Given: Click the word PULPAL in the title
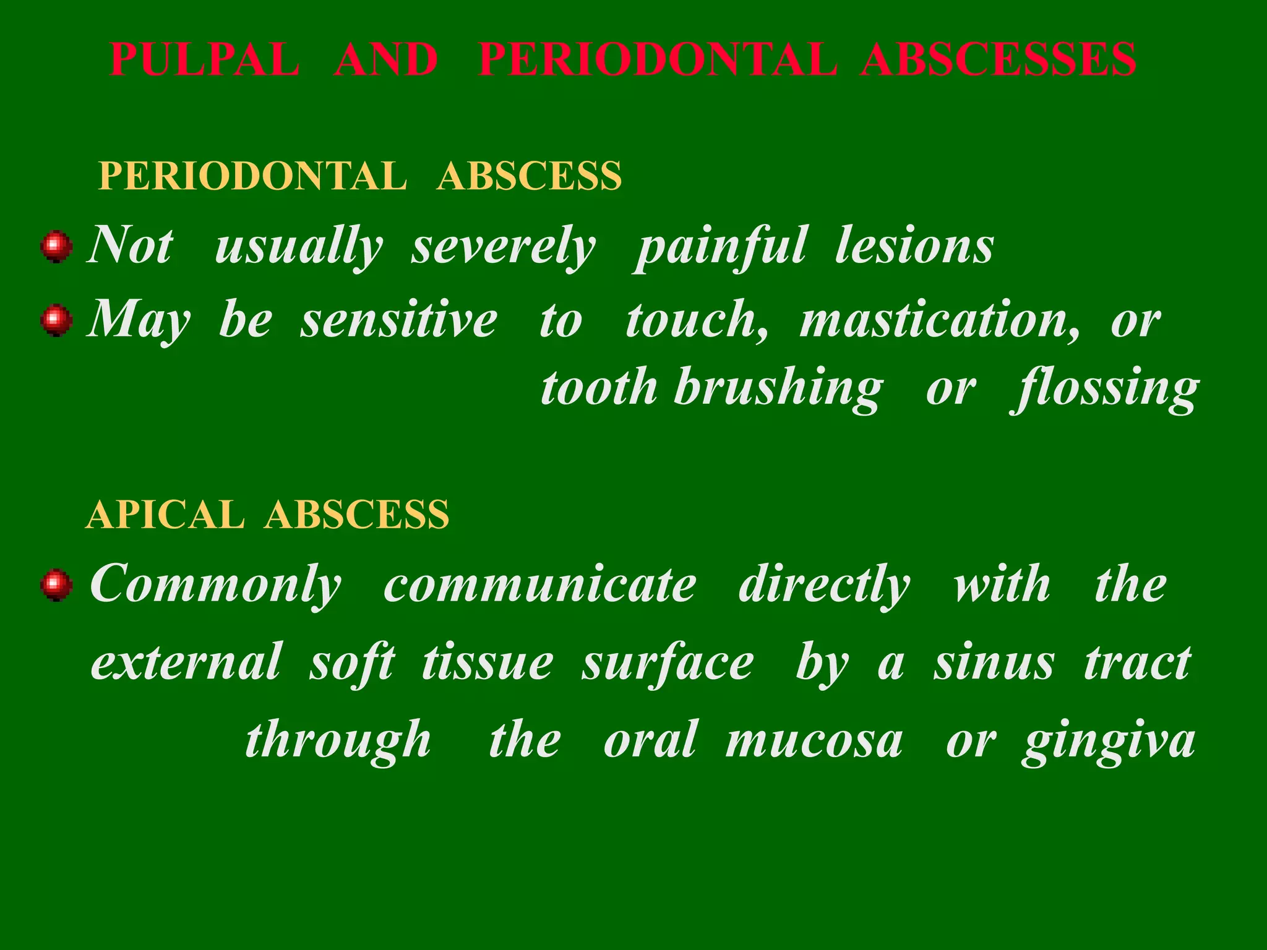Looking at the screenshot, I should point(205,60).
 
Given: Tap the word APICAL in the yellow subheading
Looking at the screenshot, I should point(165,515).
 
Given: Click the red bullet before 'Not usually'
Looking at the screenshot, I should point(56,247).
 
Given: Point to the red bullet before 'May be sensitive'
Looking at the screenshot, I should point(56,320).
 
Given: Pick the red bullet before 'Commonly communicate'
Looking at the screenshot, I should point(56,585).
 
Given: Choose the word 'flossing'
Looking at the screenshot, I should point(1106,390).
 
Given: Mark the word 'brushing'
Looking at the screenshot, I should point(778,390).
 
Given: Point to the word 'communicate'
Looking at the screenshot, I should point(539,585).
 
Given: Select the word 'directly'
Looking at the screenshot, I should point(824,585).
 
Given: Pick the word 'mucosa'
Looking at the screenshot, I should point(814,741).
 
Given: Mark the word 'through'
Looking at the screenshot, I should point(338,741).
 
